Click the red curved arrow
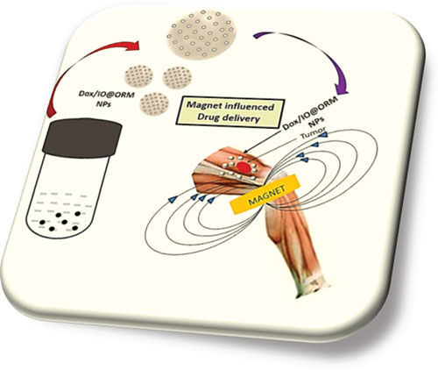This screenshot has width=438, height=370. click(x=76, y=59)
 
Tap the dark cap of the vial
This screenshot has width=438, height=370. click(x=82, y=138)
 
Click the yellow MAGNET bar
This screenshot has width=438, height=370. click(x=265, y=194)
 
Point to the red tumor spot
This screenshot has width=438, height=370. click(x=244, y=167)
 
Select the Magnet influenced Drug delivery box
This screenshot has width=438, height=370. click(x=230, y=112)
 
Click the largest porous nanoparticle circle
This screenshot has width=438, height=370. click(x=201, y=34)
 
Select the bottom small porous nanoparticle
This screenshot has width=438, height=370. click(x=154, y=103)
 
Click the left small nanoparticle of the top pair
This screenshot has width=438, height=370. click(x=138, y=76)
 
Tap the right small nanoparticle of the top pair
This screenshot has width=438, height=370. click(x=177, y=77)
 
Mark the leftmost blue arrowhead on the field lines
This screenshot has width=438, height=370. click(x=173, y=199)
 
